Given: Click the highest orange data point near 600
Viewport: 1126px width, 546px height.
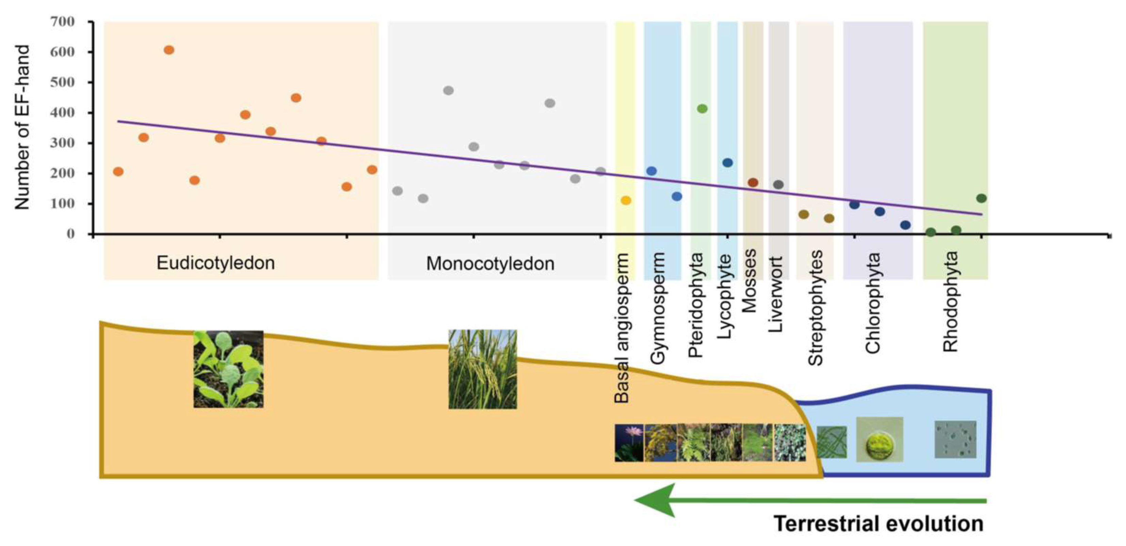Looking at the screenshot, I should click(169, 50).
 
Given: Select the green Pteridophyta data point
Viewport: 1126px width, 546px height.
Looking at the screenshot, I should click(702, 109).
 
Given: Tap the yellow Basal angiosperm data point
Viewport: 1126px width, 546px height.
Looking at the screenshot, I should click(626, 201).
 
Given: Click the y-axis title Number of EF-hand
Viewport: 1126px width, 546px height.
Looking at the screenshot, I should click(22, 127).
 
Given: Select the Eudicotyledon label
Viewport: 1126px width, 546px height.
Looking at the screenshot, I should click(216, 263).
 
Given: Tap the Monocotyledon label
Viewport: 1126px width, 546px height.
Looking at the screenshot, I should click(490, 263).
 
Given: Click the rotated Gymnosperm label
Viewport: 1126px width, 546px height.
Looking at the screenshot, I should click(657, 308).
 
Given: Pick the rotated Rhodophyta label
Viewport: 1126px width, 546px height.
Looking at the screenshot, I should click(950, 302).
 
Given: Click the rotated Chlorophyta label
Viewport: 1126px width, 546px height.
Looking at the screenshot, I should click(872, 303).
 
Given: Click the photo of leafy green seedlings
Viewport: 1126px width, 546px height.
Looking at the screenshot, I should click(228, 370).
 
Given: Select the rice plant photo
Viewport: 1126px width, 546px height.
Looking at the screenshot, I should click(483, 370).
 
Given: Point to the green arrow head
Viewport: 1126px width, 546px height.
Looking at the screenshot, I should click(656, 500).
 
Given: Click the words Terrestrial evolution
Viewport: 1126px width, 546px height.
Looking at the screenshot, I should click(879, 524).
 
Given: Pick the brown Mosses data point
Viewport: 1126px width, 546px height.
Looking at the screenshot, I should click(753, 182).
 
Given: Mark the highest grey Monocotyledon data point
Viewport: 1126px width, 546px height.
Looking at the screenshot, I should click(448, 90).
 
